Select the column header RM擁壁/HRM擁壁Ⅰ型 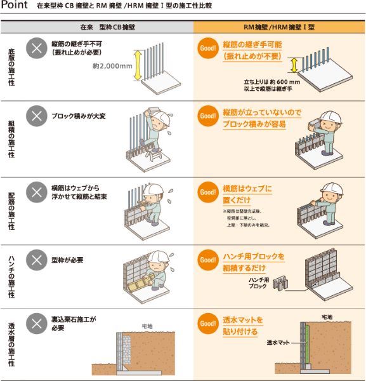tap(280, 29)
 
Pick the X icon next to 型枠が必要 tap(36, 260)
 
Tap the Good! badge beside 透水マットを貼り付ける tap(208, 323)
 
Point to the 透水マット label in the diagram tap(277, 342)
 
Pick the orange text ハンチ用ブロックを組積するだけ tap(253, 262)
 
